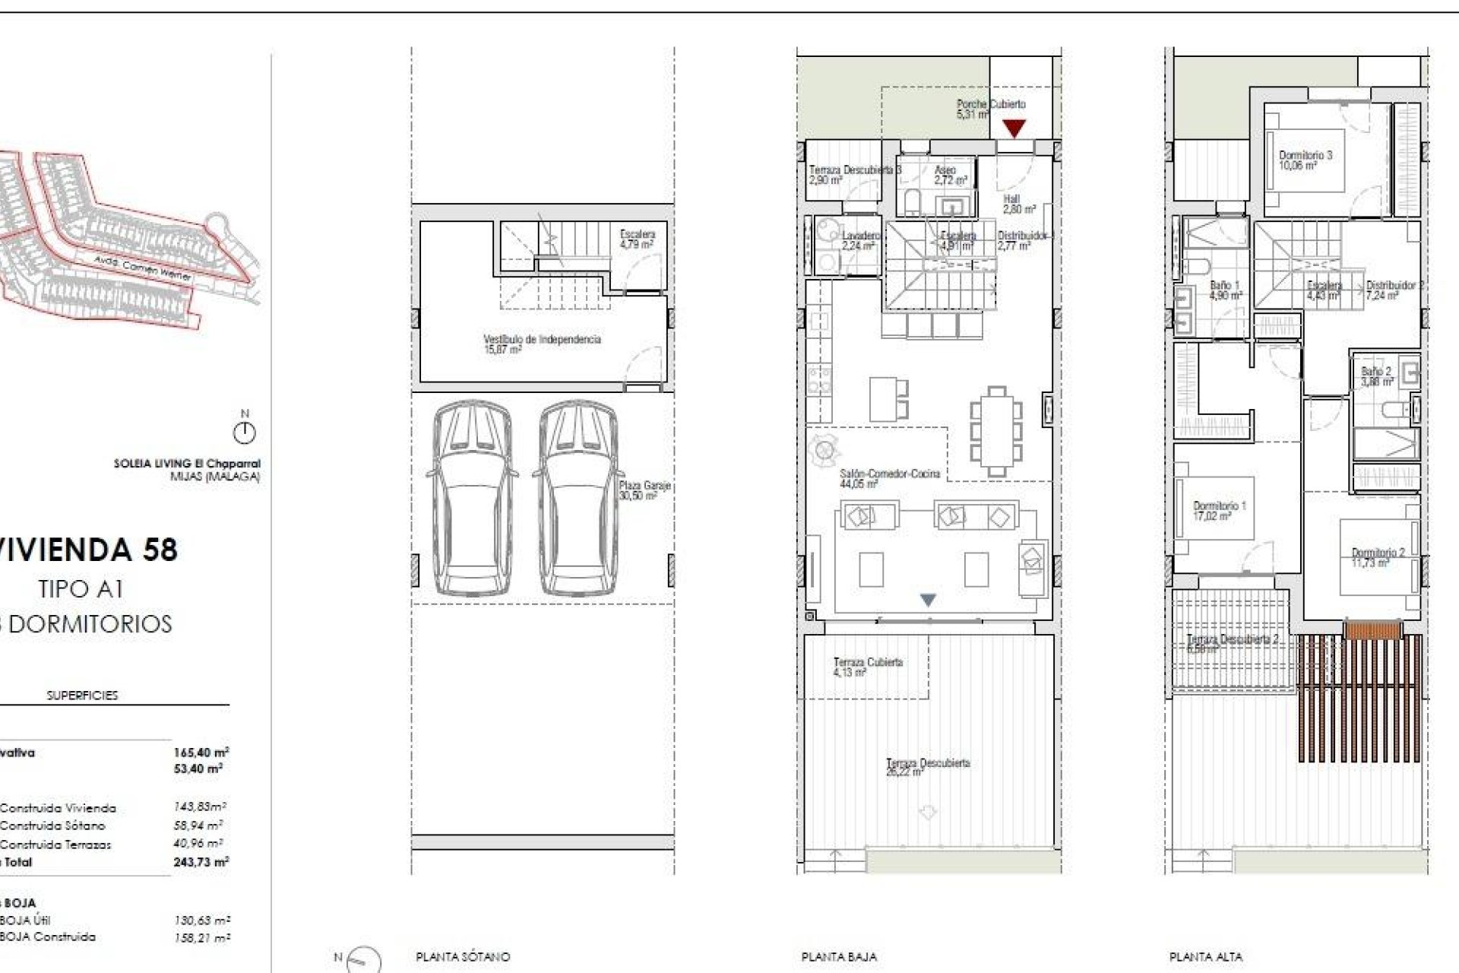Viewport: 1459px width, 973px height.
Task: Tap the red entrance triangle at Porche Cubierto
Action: click(1014, 128)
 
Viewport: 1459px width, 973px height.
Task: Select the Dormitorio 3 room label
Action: click(1305, 160)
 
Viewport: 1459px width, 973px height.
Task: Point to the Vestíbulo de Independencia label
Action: click(542, 344)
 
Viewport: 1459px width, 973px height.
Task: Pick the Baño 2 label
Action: click(1376, 376)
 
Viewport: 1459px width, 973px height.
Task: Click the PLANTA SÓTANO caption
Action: click(463, 957)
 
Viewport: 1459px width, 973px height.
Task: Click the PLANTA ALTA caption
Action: click(1206, 957)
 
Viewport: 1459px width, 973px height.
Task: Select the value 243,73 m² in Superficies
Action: click(201, 862)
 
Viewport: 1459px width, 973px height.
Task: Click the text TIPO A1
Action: click(81, 588)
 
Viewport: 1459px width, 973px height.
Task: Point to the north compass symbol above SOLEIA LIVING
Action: click(244, 433)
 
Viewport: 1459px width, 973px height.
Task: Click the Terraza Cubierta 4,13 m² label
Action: click(867, 667)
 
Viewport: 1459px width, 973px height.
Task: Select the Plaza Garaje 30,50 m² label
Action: click(643, 490)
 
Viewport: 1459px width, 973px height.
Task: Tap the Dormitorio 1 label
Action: click(1219, 510)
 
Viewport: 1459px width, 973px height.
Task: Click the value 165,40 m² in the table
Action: click(201, 753)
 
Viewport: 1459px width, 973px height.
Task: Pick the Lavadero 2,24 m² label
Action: click(859, 240)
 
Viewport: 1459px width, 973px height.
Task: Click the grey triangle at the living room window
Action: click(928, 600)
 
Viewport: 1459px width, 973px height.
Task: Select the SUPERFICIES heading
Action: click(82, 695)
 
